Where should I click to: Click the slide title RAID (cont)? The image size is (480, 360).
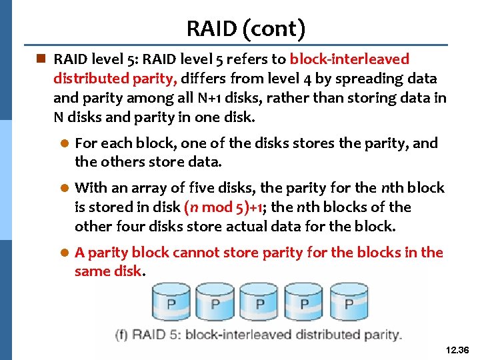(x=246, y=29)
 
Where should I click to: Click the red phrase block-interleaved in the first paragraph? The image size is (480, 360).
(x=349, y=59)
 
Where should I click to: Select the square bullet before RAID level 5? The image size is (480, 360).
(x=41, y=59)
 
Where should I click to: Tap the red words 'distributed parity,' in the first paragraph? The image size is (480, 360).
(x=115, y=79)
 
